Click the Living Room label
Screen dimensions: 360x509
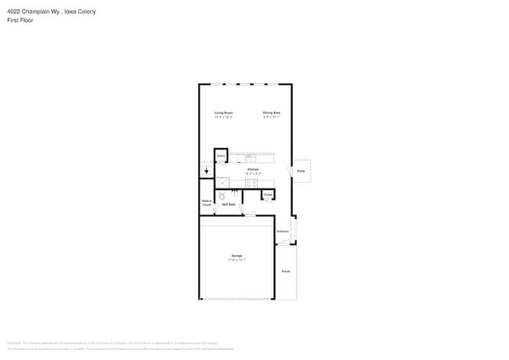coord(224,113)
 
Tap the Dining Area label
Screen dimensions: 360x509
coord(272,113)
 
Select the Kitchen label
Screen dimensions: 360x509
coord(253,170)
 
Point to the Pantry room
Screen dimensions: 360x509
coord(221,157)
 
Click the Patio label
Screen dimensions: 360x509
coord(301,171)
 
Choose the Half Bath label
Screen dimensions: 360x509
coord(229,205)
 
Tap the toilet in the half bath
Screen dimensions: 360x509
coord(222,196)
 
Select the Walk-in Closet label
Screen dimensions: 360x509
coord(207,203)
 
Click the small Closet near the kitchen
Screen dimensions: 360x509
coord(268,194)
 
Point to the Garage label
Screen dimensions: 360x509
coord(236,256)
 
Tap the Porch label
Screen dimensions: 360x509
coord(286,272)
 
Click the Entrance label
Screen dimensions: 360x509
coord(283,231)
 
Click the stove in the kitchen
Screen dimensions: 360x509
coord(251,183)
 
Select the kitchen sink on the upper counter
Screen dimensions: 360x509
coord(251,158)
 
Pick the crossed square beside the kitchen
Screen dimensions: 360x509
coord(222,183)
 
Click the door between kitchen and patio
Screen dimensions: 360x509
coord(292,171)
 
